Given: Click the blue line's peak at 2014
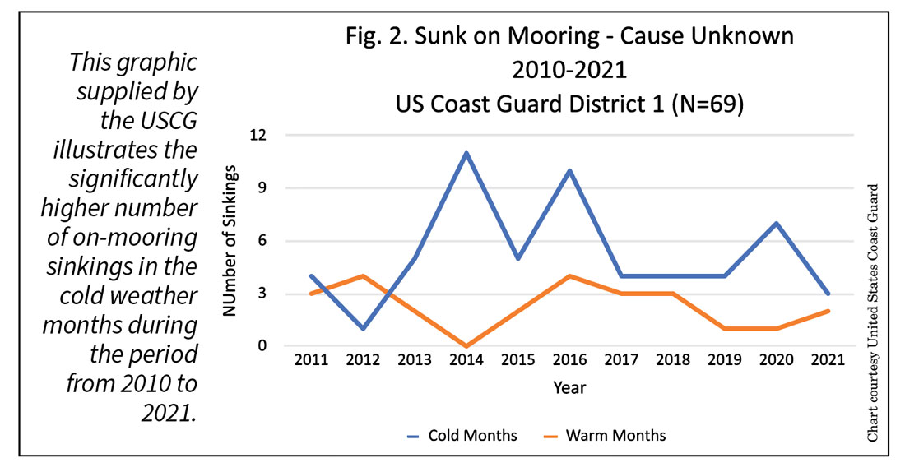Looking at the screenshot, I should point(466,153).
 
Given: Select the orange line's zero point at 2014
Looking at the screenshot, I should point(466,346).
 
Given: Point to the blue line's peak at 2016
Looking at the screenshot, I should point(569,171).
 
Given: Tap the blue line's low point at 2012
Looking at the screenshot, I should point(364,328).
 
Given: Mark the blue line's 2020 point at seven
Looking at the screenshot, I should point(776,224).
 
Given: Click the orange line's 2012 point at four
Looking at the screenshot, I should point(364,275).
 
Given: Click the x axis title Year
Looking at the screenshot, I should point(569,386).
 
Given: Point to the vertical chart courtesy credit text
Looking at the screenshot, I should point(873,312).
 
